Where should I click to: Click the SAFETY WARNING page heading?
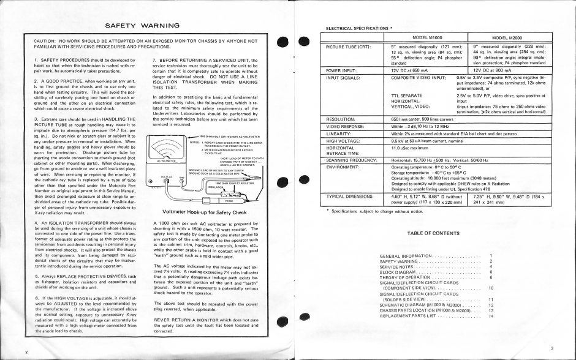point(142,26)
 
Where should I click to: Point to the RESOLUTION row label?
point(343,118)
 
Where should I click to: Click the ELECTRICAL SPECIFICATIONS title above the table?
point(357,28)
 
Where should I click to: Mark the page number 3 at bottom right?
point(551,348)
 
